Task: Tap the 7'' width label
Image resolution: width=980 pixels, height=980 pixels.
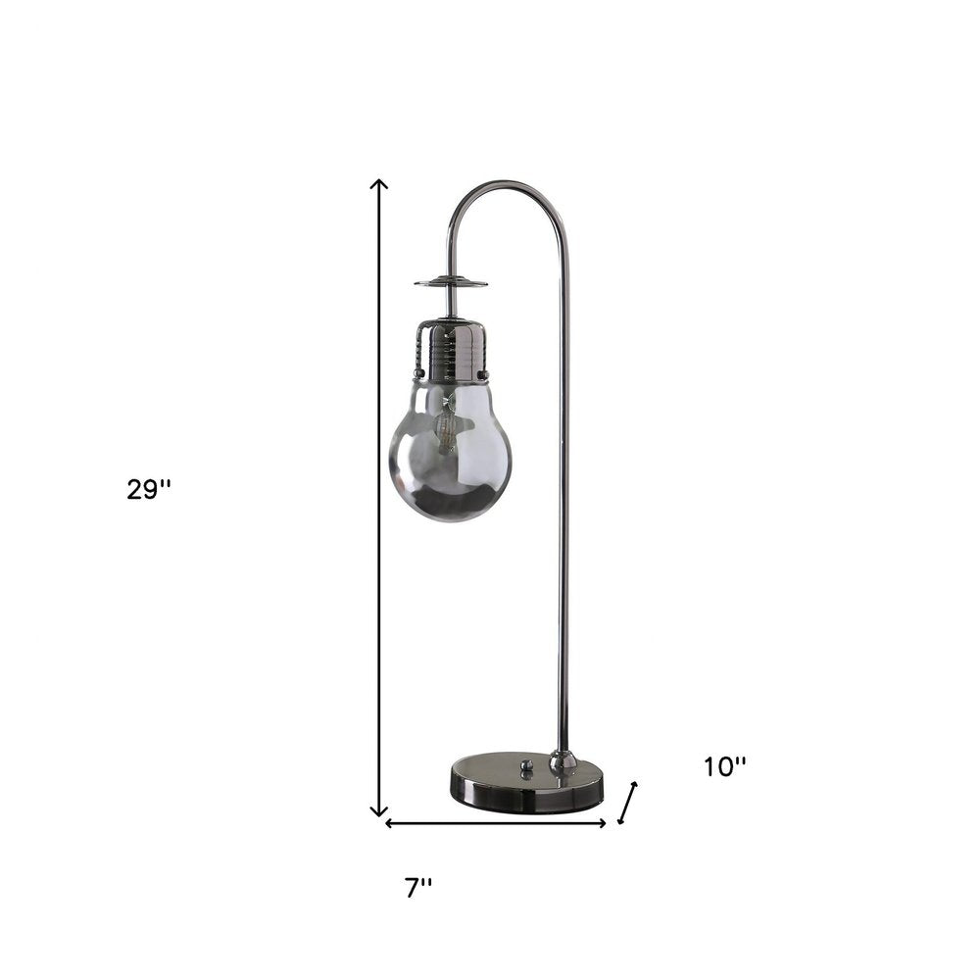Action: point(418,888)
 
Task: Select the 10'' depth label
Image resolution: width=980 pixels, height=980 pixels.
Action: point(724,767)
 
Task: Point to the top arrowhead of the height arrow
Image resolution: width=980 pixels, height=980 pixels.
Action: point(379,184)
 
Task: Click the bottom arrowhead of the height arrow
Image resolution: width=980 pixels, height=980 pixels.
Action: point(379,810)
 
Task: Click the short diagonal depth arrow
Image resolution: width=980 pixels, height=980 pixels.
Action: point(628,803)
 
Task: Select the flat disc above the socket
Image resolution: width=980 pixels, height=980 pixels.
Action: point(451,283)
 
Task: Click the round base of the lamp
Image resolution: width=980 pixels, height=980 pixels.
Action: point(525,783)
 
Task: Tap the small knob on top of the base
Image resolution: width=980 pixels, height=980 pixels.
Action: point(524,763)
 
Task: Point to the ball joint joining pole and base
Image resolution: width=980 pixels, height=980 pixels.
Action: point(563,759)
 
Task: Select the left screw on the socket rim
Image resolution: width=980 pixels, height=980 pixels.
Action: point(419,373)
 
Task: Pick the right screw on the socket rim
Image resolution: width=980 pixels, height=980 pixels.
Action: point(481,373)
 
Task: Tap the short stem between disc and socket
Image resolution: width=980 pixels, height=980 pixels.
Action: point(450,304)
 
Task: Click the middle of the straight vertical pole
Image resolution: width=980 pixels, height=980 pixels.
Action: point(563,490)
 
